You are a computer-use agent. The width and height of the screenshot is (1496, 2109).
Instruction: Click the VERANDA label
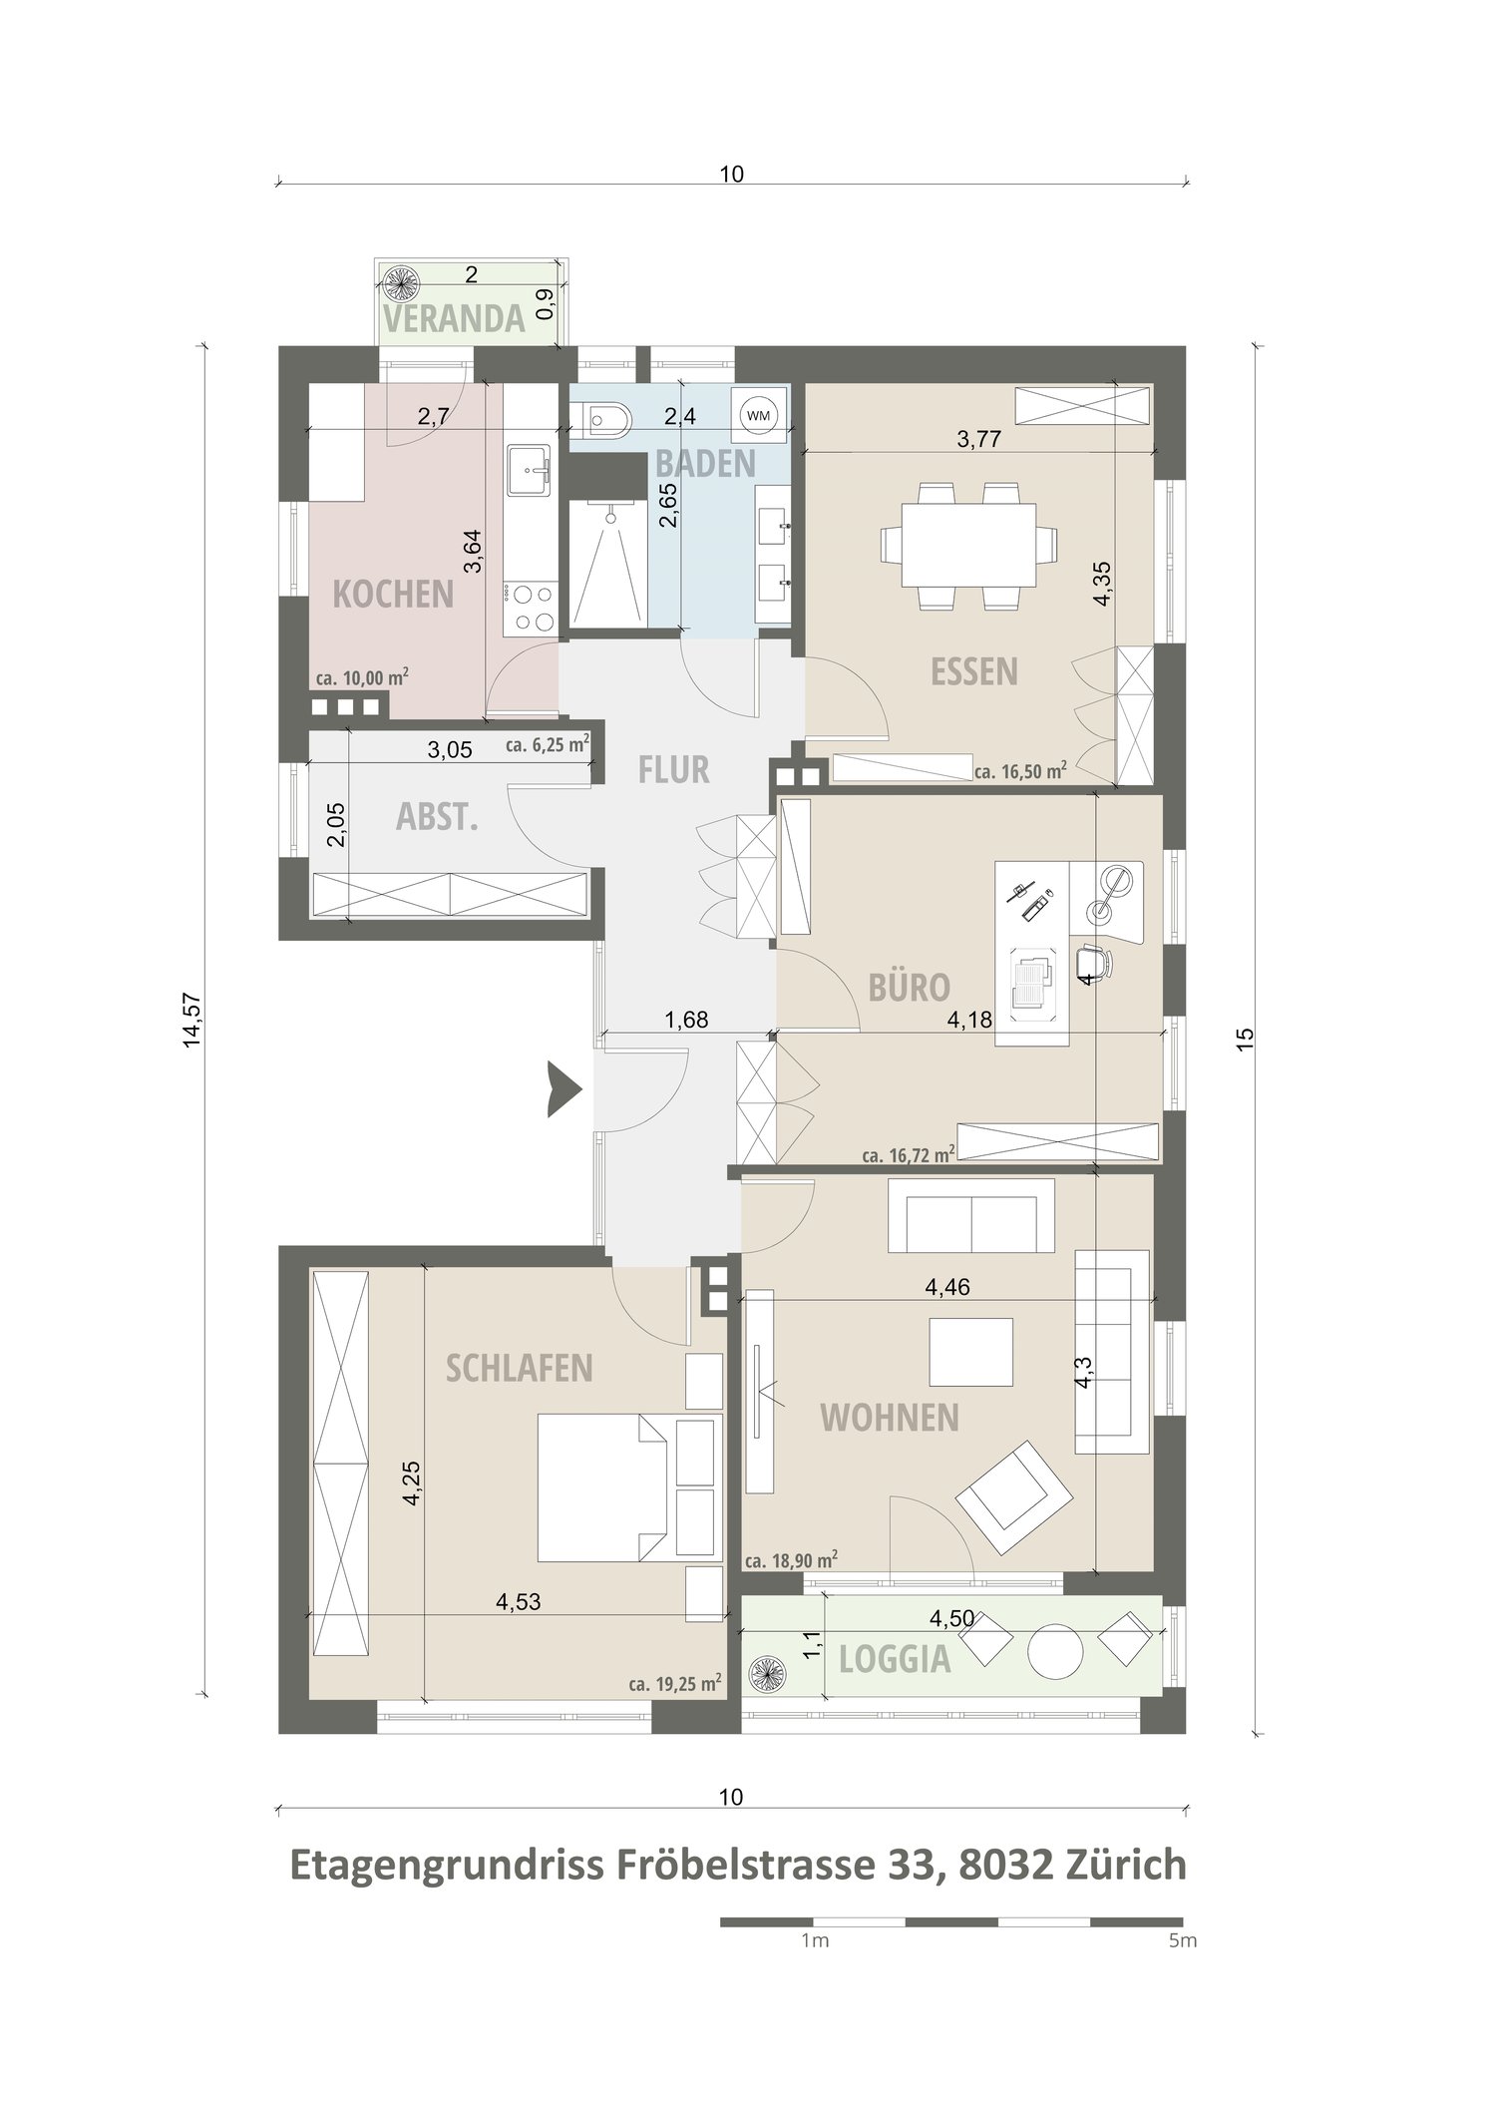[454, 318]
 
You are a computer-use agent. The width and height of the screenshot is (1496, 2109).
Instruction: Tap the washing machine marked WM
[758, 415]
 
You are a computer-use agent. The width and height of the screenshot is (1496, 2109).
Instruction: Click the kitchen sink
[529, 471]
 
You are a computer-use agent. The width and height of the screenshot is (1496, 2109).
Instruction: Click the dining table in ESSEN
[967, 545]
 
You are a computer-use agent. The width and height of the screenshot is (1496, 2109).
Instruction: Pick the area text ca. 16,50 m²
[1020, 769]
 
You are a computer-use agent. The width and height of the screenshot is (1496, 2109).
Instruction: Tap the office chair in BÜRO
[1094, 960]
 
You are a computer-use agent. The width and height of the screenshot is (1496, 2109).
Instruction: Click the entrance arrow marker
[563, 1089]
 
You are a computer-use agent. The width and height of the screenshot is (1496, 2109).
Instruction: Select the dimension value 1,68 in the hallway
[686, 1020]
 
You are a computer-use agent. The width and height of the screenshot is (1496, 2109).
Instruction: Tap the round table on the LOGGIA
[1055, 1653]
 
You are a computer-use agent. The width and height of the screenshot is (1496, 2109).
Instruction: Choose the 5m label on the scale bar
[1182, 1941]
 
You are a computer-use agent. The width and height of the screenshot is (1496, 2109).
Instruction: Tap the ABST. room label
[438, 817]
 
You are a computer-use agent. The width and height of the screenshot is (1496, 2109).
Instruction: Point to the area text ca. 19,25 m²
[675, 1684]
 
